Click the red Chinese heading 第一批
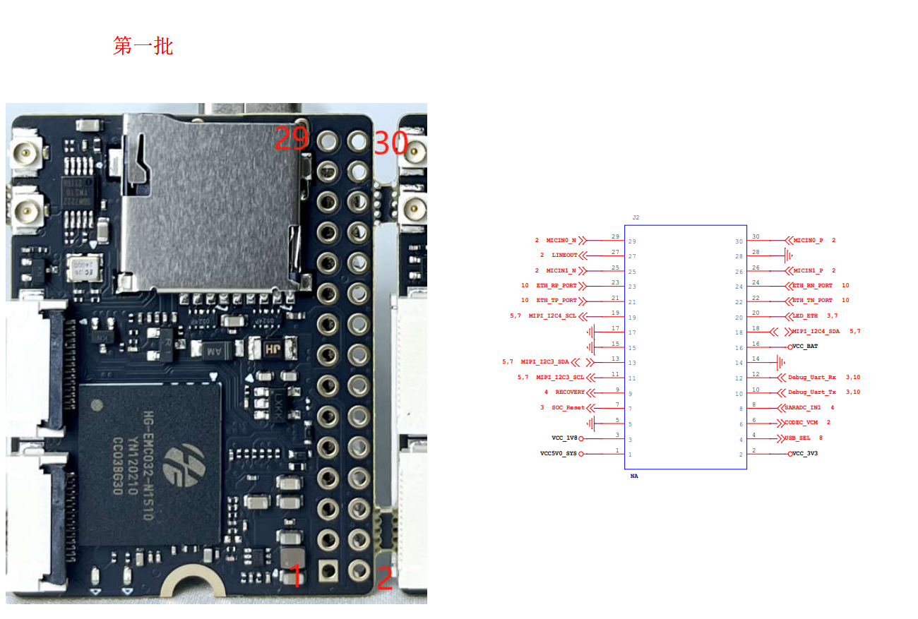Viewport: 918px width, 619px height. click(143, 47)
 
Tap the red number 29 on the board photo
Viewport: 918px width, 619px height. click(292, 138)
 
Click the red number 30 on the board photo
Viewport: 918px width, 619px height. click(391, 143)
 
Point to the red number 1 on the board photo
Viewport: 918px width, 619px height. click(297, 576)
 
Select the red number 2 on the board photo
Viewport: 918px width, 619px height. click(385, 579)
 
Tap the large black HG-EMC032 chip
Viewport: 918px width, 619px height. click(149, 464)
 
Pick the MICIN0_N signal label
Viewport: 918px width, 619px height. click(561, 241)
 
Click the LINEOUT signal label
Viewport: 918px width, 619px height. click(564, 255)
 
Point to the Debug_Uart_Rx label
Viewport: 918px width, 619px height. click(812, 377)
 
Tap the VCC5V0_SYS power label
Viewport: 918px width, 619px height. click(559, 453)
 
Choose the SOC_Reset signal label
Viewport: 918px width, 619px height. click(568, 407)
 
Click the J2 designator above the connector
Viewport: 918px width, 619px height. click(636, 217)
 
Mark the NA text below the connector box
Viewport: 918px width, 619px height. click(634, 476)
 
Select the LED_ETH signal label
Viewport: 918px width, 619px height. click(804, 315)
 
